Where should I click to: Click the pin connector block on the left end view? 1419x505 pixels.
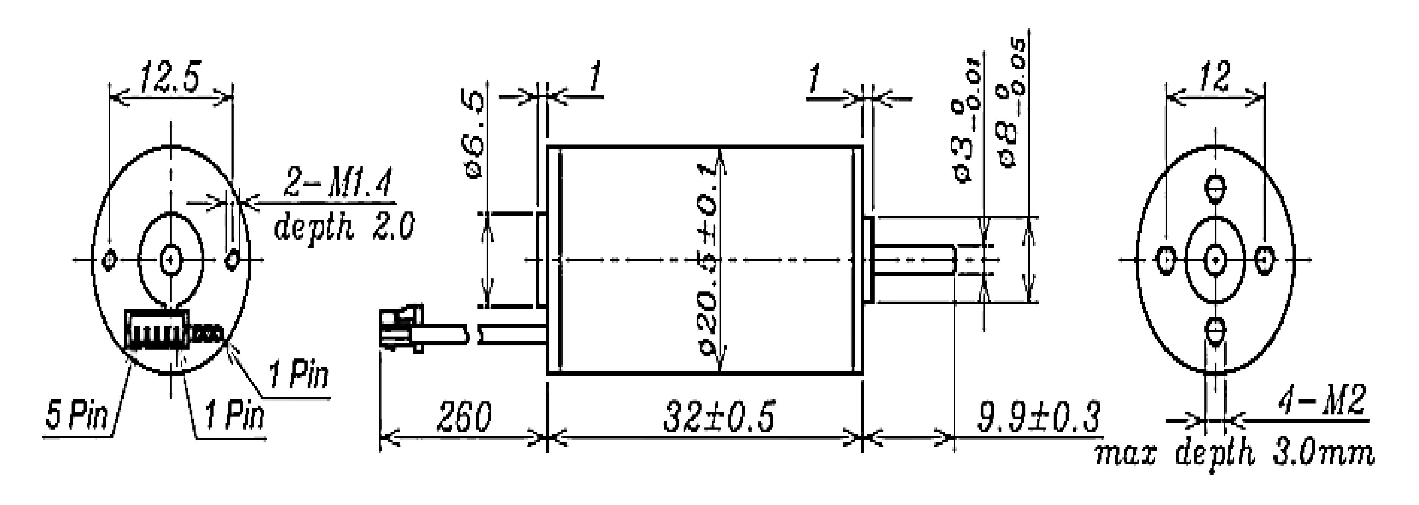(x=157, y=329)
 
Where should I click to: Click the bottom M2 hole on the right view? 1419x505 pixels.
(x=1215, y=331)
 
